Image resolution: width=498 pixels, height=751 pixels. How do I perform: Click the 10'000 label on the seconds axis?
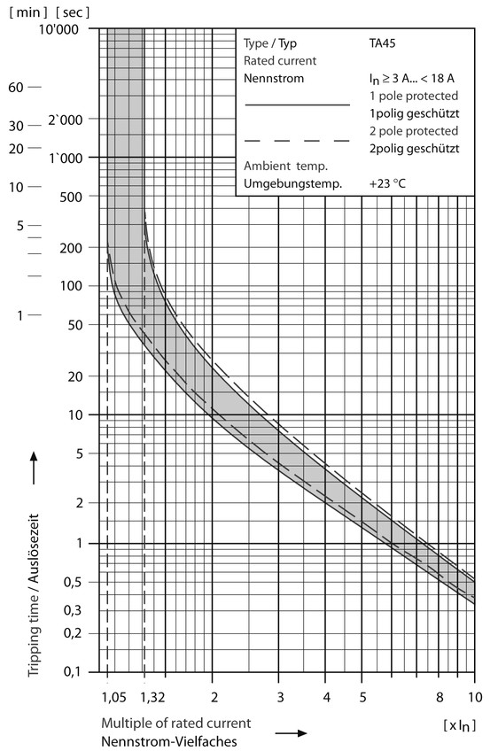tap(58, 30)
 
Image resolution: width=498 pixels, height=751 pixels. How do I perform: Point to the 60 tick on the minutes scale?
tap(16, 87)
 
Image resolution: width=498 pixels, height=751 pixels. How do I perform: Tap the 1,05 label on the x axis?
tap(114, 697)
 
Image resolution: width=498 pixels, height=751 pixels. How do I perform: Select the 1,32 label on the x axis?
tap(152, 697)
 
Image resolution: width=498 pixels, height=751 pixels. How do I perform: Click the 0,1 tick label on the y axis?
tap(72, 672)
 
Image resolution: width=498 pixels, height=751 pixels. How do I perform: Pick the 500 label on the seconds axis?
tap(71, 197)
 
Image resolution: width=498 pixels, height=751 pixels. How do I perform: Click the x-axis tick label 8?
tap(440, 697)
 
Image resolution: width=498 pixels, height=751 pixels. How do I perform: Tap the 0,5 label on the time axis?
tap(72, 583)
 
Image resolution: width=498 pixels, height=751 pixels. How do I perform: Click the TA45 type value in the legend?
tap(382, 43)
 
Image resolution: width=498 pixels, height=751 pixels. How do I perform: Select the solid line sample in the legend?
tap(297, 105)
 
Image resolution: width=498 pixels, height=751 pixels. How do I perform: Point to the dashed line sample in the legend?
tap(297, 141)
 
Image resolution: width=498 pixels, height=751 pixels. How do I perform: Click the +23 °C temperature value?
tap(387, 183)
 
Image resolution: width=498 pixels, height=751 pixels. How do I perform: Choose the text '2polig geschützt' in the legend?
tap(414, 149)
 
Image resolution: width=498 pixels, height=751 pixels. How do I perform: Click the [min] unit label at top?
tap(28, 12)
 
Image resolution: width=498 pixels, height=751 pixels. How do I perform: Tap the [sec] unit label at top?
tap(73, 12)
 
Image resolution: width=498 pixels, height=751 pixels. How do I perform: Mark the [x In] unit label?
tap(460, 725)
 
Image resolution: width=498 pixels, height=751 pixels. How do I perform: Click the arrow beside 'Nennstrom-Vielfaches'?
tap(291, 732)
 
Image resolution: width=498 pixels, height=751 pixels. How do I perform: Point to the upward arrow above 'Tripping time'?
tap(33, 468)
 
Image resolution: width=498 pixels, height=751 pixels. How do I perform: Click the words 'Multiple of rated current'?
tap(176, 724)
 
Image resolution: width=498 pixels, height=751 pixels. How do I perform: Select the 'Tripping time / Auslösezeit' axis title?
tap(33, 595)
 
